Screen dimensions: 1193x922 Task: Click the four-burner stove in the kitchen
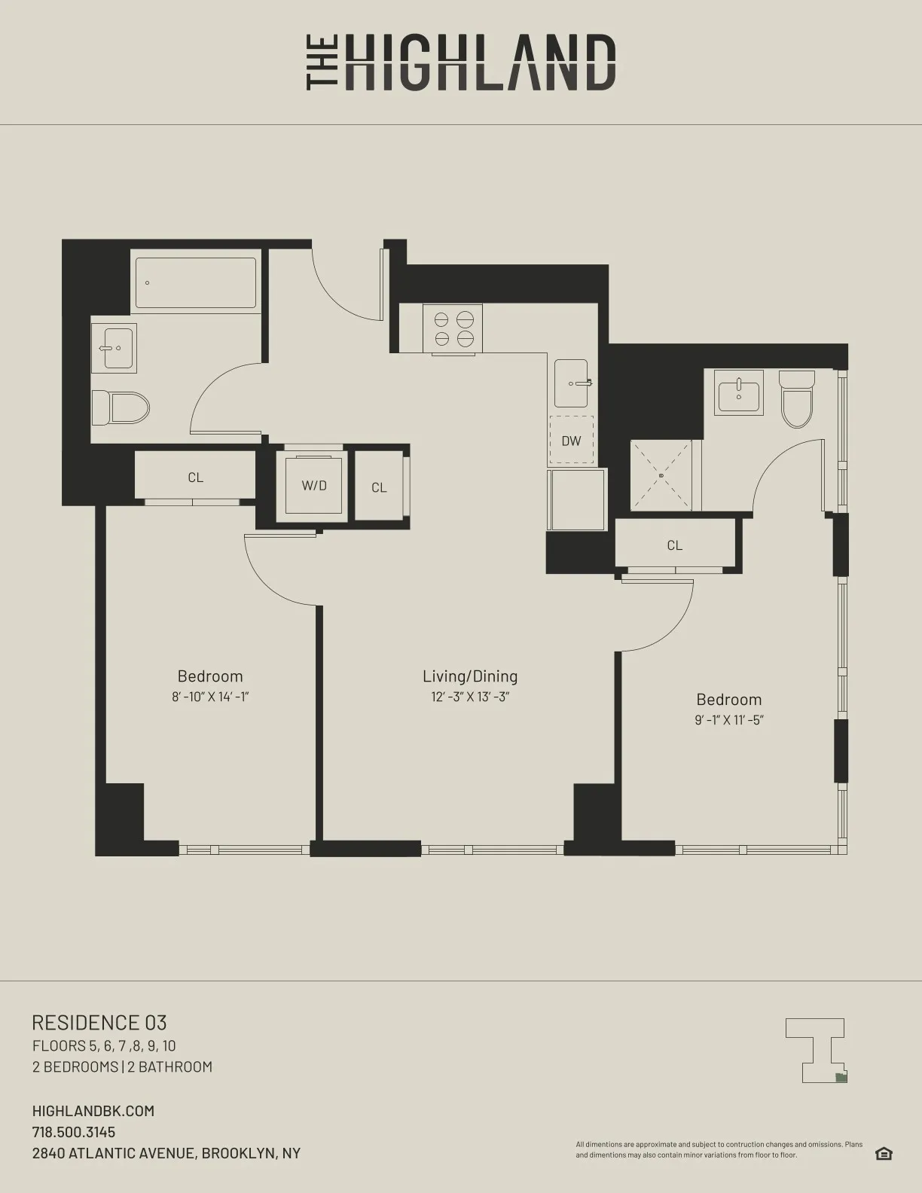coord(453,329)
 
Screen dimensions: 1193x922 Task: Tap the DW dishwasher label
coord(571,441)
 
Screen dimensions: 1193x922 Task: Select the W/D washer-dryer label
coord(314,486)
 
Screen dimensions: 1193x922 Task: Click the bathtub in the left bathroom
coord(196,283)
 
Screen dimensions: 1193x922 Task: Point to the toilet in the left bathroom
coord(121,408)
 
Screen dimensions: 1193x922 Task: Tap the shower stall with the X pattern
coord(661,475)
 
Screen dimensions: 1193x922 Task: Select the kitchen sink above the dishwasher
coord(572,383)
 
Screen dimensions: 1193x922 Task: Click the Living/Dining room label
coord(470,676)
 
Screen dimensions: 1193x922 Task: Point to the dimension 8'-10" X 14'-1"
coord(210,697)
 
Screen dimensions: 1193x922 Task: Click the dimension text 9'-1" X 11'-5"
coord(729,719)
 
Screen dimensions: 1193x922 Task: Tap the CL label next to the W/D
coord(379,488)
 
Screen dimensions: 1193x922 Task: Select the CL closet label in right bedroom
coord(674,545)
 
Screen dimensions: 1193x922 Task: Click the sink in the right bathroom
coord(739,393)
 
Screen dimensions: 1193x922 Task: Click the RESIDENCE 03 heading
coord(99,1023)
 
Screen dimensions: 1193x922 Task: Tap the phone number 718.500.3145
coord(74,1132)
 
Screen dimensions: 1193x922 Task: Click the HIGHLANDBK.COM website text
coord(93,1111)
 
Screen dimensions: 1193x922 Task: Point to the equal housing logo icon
coord(884,1154)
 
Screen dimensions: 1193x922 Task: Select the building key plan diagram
coord(817,1050)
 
